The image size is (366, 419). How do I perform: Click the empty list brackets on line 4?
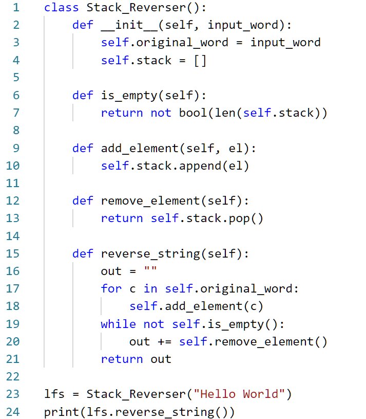click(x=200, y=60)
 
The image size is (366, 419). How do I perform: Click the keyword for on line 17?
click(x=111, y=288)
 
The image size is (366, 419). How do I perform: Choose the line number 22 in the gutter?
click(x=12, y=377)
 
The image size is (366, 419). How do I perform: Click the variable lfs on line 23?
click(x=54, y=394)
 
